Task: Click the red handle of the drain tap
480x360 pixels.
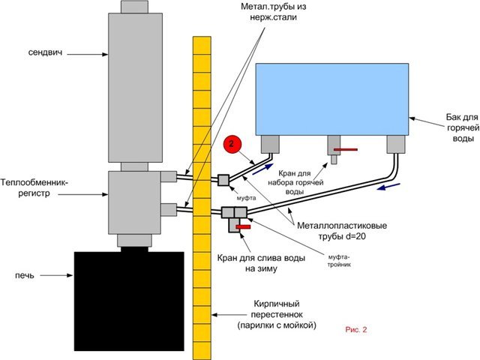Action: pyautogui.click(x=242, y=226)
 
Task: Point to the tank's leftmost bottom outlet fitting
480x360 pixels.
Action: pyautogui.click(x=270, y=143)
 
